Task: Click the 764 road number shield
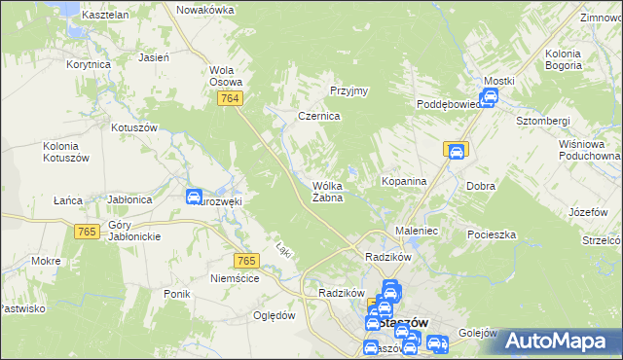click(231, 101)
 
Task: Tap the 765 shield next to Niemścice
click(246, 260)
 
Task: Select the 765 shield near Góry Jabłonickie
click(87, 230)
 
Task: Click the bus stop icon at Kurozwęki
click(194, 197)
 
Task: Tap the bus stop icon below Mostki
click(490, 97)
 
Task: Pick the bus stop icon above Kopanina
click(455, 151)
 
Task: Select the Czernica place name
click(318, 116)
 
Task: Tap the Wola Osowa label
click(226, 76)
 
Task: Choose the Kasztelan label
click(106, 16)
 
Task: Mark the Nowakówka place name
click(205, 10)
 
